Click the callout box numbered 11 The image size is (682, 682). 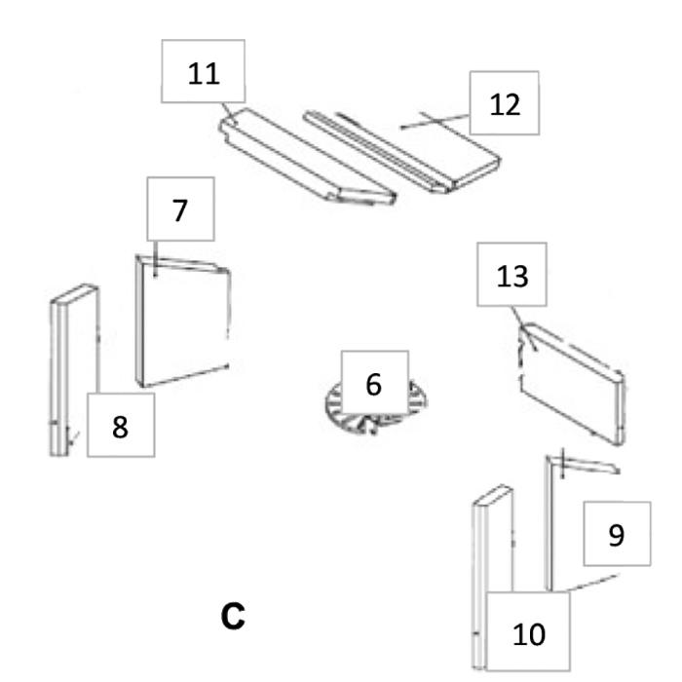tap(205, 73)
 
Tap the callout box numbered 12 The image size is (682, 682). tap(505, 103)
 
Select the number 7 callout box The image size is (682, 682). tap(180, 209)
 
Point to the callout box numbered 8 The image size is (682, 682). tap(120, 425)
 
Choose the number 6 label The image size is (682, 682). tap(373, 385)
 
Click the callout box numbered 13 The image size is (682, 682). tap(511, 276)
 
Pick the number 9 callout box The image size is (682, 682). tap(616, 534)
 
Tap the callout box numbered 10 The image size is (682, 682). tap(529, 632)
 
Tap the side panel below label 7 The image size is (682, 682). tap(185, 322)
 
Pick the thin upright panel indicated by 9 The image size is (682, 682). tap(550, 526)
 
